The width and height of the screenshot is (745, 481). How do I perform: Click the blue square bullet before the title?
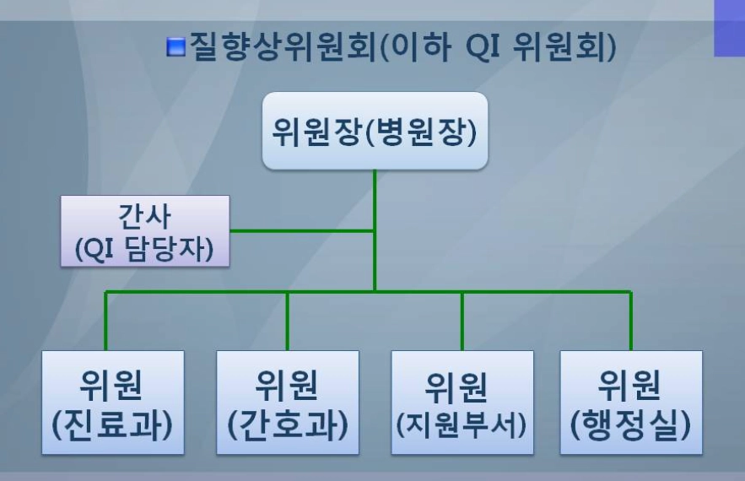175,46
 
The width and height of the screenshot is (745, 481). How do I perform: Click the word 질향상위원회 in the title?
283,46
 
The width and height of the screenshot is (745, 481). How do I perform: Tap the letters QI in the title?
483,47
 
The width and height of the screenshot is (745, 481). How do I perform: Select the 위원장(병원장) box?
375,131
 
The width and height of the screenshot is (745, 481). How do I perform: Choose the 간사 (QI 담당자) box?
145,231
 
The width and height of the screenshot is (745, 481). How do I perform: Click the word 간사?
144,217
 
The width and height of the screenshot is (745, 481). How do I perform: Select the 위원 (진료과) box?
113,403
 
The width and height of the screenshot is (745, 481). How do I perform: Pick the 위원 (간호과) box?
288,403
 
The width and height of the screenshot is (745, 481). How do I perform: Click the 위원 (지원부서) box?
462,403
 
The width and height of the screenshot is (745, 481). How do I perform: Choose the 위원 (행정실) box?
631,403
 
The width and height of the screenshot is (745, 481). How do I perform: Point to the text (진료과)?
112,424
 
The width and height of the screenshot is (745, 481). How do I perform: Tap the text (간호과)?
288,424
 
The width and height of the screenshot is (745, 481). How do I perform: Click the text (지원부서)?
462,424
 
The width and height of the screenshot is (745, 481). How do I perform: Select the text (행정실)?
630,424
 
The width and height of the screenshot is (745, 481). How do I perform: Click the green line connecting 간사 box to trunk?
302,231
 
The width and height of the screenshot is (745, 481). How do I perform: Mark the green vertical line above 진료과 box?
105,321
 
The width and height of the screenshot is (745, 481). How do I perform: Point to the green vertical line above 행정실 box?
631,321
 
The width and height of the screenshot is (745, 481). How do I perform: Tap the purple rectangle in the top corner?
729,28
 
